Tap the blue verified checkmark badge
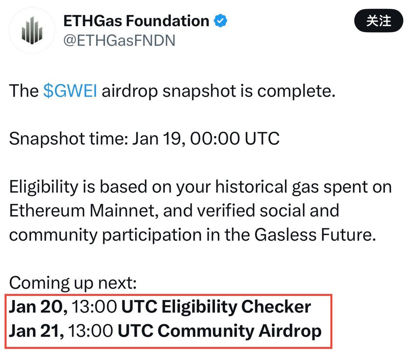click(220, 21)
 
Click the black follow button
click(379, 21)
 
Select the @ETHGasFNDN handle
click(119, 41)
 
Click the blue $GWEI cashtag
click(70, 91)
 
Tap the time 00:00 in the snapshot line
click(215, 139)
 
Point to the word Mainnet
click(122, 211)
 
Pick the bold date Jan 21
click(36, 331)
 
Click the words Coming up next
click(72, 283)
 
